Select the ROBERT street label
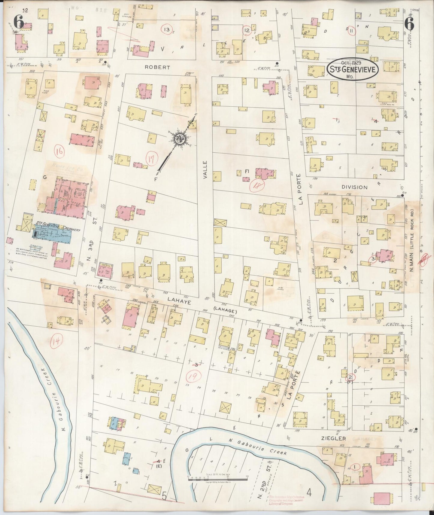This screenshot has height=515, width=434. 157,68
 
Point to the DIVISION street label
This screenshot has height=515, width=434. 354,187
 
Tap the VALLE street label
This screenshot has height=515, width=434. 205,170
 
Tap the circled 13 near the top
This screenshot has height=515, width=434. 166,29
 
